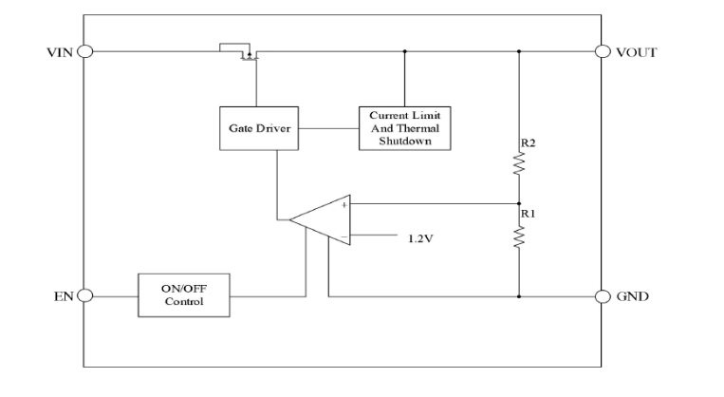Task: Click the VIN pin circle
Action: point(84,51)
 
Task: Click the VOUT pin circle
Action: point(602,51)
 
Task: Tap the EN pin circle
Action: point(84,295)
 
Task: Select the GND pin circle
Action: point(602,295)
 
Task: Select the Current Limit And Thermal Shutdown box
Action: point(405,127)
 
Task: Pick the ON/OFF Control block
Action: point(184,295)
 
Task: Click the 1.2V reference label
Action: point(421,237)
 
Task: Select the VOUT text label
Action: point(636,51)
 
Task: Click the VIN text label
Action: point(59,51)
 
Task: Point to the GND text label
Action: point(632,295)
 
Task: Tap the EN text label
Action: point(62,295)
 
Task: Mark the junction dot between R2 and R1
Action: point(519,203)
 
